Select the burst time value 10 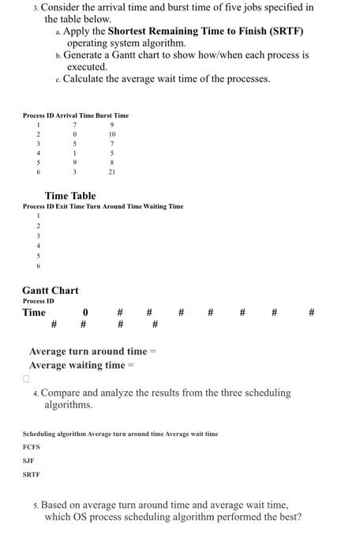point(112,134)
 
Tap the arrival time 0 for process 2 point(73,134)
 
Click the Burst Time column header point(112,116)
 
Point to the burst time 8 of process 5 point(112,162)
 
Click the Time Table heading point(70,196)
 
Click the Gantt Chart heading point(50,291)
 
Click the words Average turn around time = point(93,352)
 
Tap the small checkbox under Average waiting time point(26,379)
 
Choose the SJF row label point(28,460)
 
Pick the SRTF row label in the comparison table point(31,474)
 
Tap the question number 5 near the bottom point(36,504)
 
